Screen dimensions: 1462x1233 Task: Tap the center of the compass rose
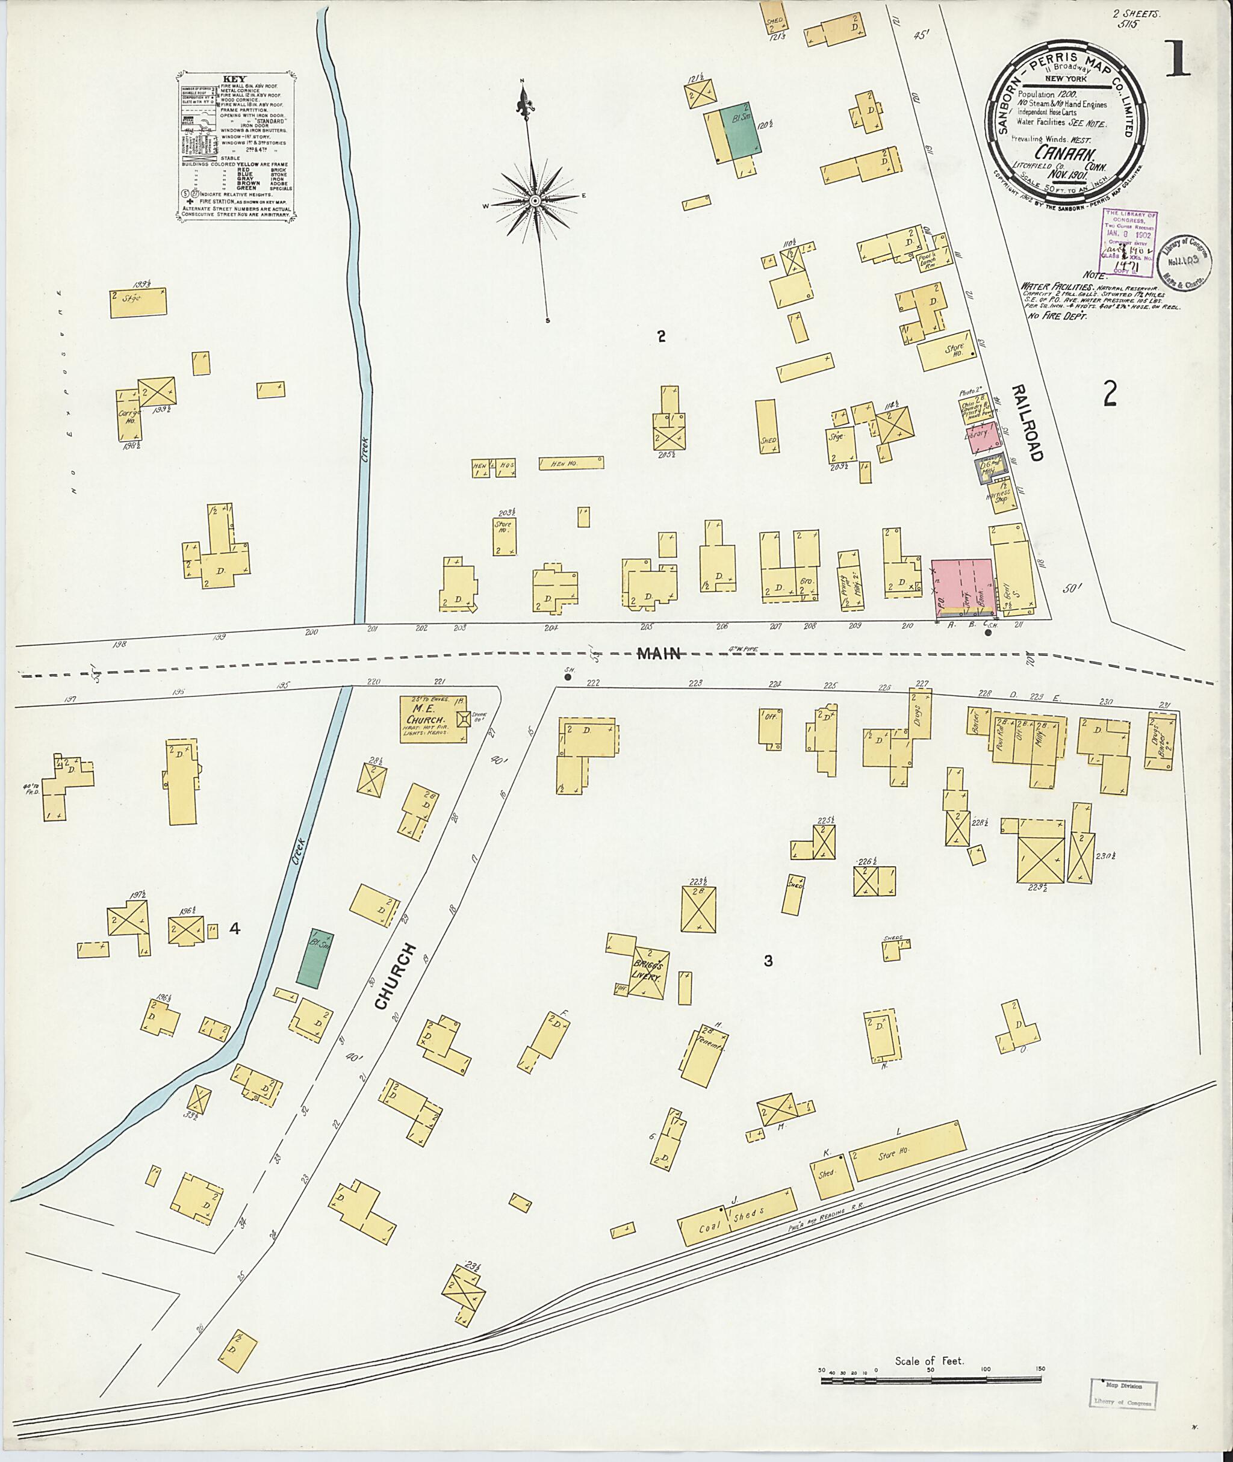click(535, 200)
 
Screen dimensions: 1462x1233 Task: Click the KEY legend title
click(231, 79)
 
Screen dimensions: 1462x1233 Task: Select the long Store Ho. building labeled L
click(908, 1150)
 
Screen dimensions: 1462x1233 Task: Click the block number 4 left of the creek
click(235, 929)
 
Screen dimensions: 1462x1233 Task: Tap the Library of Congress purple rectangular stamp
click(1128, 243)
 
